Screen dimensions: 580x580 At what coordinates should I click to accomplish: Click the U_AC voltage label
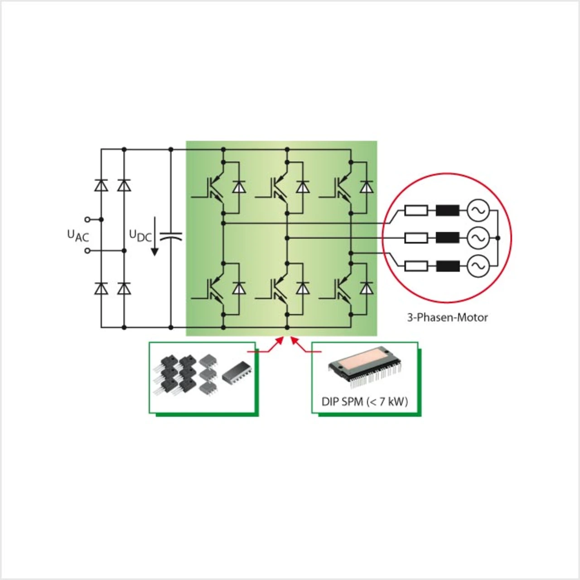tap(78, 236)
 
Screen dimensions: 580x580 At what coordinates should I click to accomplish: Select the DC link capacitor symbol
tap(171, 236)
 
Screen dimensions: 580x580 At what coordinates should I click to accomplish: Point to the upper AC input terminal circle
tap(88, 219)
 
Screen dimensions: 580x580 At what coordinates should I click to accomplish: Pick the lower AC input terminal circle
tap(88, 251)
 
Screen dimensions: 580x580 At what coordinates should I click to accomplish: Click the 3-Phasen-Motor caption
tap(447, 317)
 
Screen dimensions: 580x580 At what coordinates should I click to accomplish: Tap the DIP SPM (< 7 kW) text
tap(364, 401)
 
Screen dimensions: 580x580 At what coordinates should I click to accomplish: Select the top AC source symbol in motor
tap(478, 210)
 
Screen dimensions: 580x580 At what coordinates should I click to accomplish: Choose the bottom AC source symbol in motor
tap(478, 266)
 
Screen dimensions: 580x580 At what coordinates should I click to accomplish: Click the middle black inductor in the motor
tap(447, 238)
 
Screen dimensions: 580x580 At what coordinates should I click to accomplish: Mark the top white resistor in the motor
tap(416, 210)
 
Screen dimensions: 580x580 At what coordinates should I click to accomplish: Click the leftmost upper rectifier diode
tap(101, 185)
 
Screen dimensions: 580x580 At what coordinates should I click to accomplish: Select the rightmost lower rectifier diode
tap(124, 288)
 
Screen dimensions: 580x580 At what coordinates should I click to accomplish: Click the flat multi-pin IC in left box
tap(236, 371)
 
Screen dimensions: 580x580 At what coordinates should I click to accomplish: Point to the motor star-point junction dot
tap(498, 238)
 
